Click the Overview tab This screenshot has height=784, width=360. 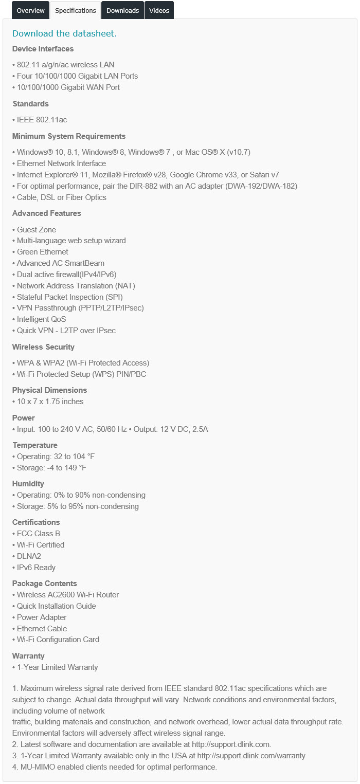30,10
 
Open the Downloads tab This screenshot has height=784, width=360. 123,10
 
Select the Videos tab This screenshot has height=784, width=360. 159,10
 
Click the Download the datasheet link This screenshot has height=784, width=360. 64,33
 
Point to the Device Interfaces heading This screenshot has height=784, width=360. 43,49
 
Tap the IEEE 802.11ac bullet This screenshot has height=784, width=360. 42,120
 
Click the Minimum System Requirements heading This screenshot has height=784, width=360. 69,136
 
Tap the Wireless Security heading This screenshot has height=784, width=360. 43,347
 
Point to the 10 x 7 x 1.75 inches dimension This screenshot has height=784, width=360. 50,402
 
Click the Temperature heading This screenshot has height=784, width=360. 35,445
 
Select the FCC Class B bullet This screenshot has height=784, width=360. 38,534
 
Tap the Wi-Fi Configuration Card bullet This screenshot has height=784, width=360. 58,640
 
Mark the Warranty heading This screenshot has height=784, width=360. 28,656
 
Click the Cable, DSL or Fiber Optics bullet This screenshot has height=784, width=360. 61,197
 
